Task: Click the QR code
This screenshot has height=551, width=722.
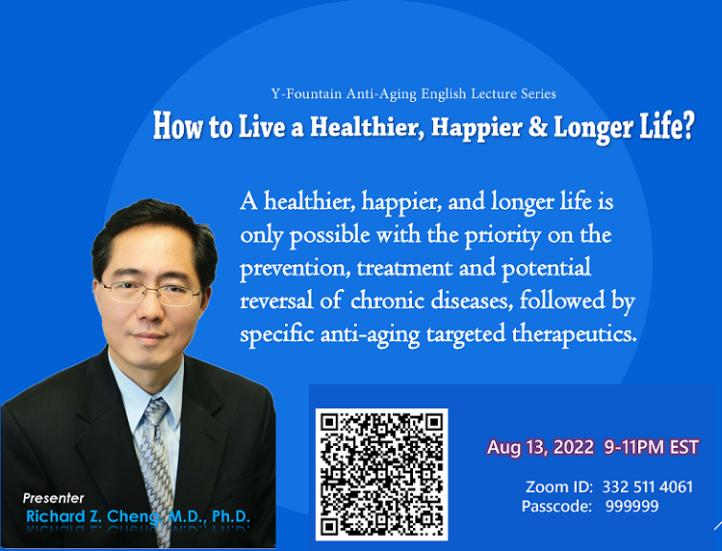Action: click(381, 475)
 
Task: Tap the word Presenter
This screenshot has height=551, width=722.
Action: click(53, 498)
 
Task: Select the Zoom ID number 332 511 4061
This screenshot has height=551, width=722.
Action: click(648, 487)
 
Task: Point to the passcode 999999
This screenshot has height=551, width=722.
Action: click(632, 507)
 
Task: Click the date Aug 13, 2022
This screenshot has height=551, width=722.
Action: click(541, 447)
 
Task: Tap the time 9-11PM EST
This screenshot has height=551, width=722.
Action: click(652, 447)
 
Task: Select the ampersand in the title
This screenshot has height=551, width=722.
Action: click(537, 127)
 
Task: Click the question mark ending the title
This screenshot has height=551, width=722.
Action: click(687, 126)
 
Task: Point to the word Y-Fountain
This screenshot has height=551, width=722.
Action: click(306, 94)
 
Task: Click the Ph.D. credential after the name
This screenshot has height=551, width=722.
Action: click(231, 517)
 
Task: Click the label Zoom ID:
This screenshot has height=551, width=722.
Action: click(559, 487)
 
